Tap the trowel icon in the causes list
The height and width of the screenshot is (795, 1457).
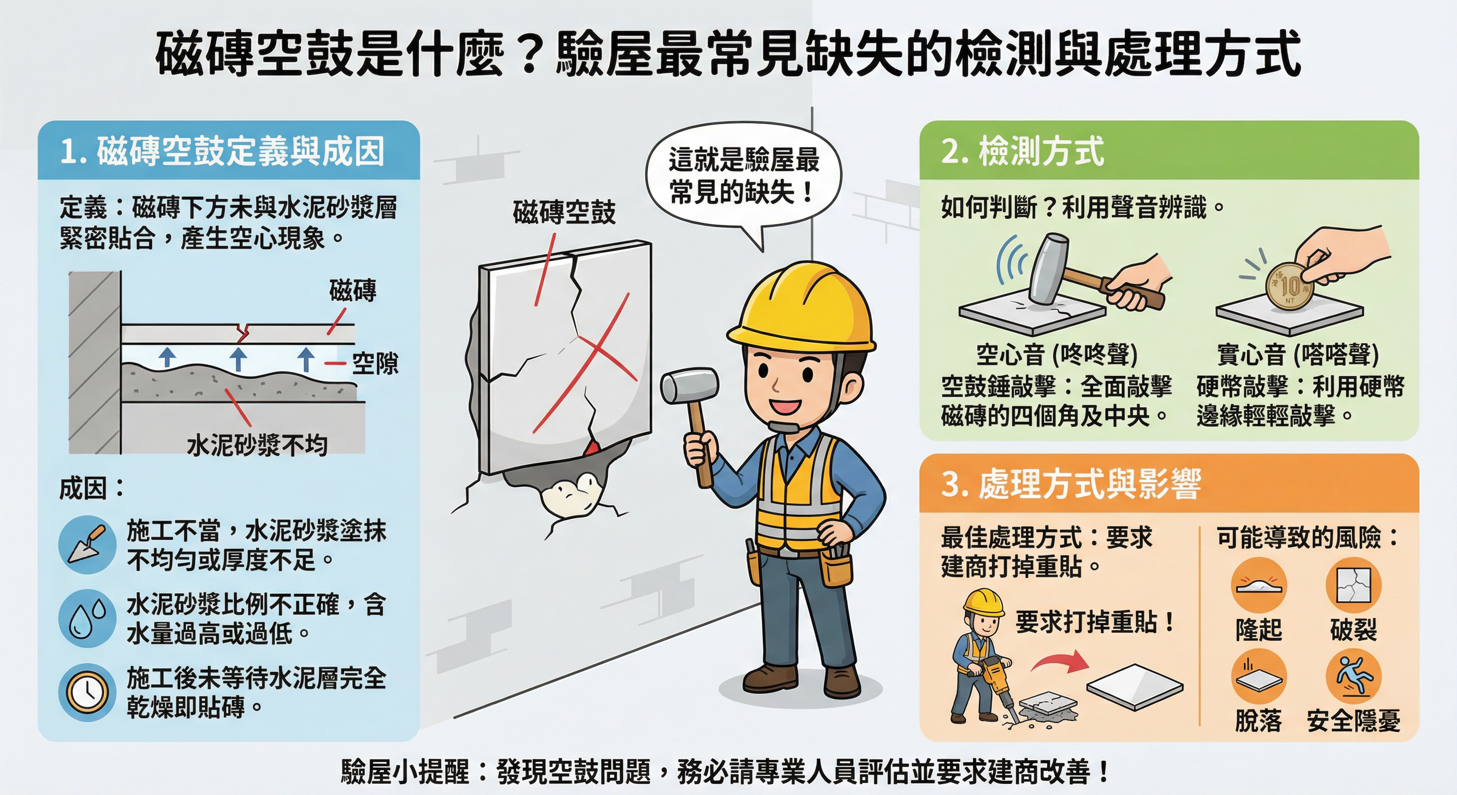[87, 545]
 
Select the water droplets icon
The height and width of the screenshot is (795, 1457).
[87, 618]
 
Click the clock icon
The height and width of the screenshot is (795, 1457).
[87, 692]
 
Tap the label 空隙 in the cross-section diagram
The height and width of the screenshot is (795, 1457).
[375, 363]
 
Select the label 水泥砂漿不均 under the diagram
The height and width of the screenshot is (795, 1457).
[257, 446]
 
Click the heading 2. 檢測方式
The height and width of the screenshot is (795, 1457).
[1022, 152]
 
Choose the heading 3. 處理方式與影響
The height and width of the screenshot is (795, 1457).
[1071, 484]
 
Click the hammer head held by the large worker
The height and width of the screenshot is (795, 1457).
[689, 385]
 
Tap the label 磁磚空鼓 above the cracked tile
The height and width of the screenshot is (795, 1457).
[564, 213]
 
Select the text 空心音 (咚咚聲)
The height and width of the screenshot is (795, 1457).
[1057, 355]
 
